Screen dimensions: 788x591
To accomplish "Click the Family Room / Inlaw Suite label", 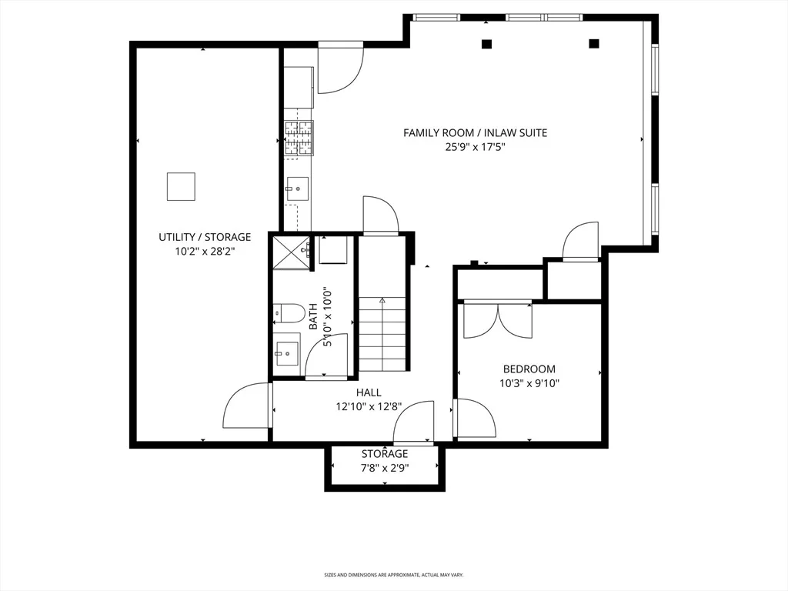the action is click(x=475, y=132).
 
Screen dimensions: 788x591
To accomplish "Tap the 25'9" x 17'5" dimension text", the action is click(x=475, y=147).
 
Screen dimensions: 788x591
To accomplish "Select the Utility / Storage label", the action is click(x=205, y=237).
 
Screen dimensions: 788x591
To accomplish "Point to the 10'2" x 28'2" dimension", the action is click(x=205, y=252).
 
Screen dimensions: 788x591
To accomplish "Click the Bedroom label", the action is click(x=529, y=369).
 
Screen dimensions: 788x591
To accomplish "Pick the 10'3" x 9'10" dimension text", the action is click(x=529, y=383).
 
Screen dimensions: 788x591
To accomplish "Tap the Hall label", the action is click(x=369, y=392).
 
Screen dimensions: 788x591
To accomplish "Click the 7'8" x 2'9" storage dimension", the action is click(x=385, y=468).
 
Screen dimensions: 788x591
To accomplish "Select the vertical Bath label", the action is click(x=313, y=316).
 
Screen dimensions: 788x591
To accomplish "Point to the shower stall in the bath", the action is click(x=292, y=252).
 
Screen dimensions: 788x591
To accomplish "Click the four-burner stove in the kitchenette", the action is click(x=299, y=138).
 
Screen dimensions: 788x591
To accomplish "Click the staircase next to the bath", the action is click(x=382, y=334).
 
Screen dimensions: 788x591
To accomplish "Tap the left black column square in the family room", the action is click(x=486, y=44).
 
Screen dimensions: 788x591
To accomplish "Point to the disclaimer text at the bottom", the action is click(x=393, y=574).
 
